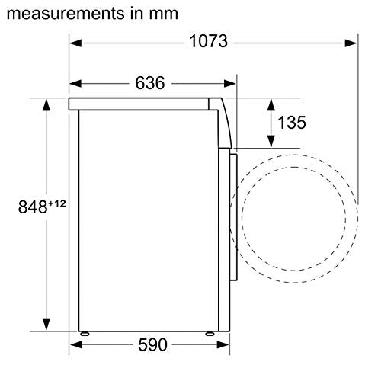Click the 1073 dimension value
(208, 41)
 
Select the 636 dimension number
(150, 83)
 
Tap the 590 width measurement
(152, 344)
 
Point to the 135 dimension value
(292, 123)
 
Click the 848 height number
(33, 207)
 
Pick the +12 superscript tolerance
(57, 203)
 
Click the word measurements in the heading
(66, 14)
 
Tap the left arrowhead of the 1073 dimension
(75, 43)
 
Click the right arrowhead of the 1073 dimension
(351, 43)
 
